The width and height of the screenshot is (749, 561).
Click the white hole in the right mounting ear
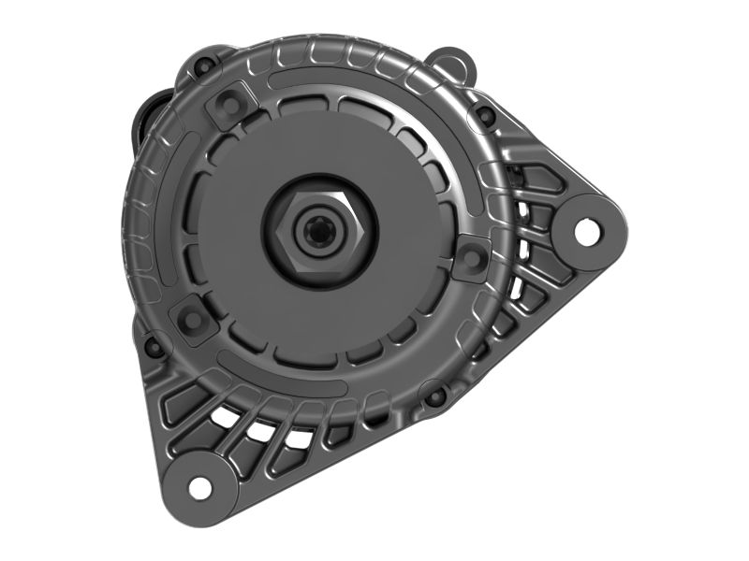click(x=587, y=230)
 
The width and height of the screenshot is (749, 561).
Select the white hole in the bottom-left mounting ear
click(x=199, y=486)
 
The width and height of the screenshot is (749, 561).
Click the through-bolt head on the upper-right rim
click(x=485, y=115)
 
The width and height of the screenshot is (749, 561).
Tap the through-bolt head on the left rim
click(x=153, y=348)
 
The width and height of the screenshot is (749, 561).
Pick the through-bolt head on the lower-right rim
click(x=436, y=396)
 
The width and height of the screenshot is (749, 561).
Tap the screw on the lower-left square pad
click(x=193, y=319)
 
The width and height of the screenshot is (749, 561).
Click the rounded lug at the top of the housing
click(x=452, y=63)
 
